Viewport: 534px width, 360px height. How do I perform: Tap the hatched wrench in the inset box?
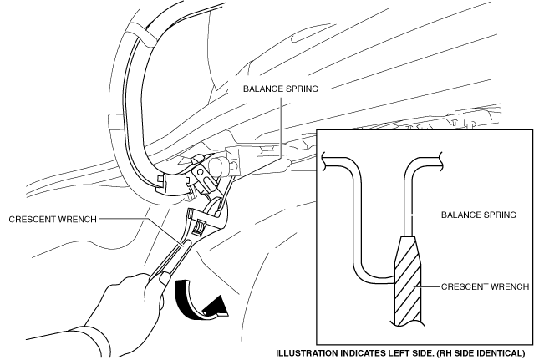[x=408, y=284]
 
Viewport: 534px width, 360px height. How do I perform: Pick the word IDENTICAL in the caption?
[x=498, y=352]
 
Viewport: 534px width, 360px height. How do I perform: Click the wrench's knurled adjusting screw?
[x=199, y=226]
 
